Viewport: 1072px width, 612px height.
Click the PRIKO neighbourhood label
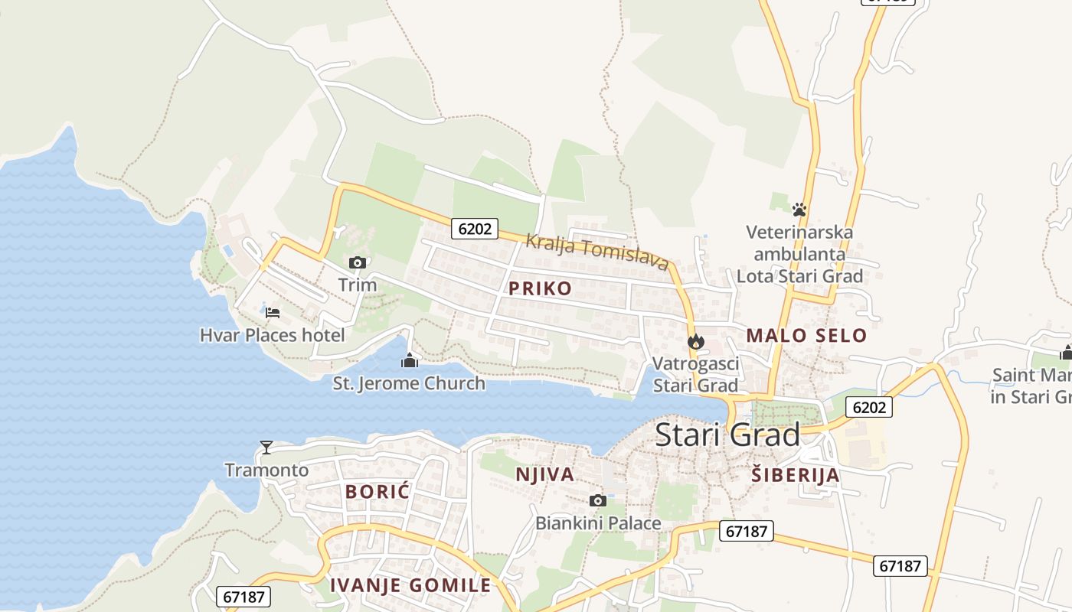(540, 288)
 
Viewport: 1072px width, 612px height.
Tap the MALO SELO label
(806, 335)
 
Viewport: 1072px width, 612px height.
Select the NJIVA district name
(544, 474)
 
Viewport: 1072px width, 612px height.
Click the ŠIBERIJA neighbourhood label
(795, 475)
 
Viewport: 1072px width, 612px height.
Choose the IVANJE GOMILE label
(410, 585)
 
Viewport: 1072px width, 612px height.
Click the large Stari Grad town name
(727, 435)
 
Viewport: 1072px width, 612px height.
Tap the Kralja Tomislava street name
(597, 252)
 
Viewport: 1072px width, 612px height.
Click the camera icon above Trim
(357, 262)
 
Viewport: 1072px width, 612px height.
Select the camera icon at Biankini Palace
(598, 500)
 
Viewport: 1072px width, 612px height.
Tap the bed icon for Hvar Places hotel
(273, 312)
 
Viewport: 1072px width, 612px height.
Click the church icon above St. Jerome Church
(410, 360)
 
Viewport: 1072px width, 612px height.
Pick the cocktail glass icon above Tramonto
(266, 447)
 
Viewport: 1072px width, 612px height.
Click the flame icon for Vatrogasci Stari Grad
(695, 341)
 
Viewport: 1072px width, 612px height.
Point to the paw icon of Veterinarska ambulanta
(799, 209)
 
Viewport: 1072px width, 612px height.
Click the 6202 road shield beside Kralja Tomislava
(474, 228)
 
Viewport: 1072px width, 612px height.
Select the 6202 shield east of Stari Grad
(868, 407)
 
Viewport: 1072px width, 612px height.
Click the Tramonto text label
(266, 470)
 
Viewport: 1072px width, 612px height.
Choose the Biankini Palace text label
(598, 523)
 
